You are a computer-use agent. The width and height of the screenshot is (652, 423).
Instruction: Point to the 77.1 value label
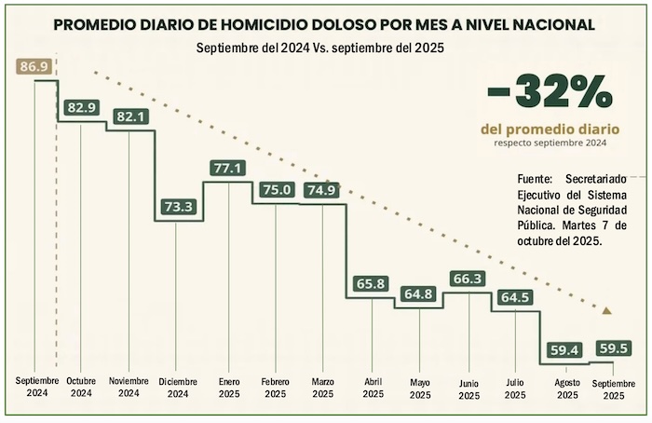pos(227,169)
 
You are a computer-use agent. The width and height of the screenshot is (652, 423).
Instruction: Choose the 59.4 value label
pos(565,350)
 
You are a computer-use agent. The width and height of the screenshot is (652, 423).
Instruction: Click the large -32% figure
pos(550,93)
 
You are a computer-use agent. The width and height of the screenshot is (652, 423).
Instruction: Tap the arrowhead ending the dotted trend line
pos(607,310)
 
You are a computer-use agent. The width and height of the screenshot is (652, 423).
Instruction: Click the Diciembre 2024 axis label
pos(177,387)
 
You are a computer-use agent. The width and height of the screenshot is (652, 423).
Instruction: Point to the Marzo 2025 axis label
pos(322,387)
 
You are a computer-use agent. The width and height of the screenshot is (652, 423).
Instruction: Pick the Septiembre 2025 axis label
pos(615,389)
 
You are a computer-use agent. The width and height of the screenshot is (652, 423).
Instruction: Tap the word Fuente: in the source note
pos(536,177)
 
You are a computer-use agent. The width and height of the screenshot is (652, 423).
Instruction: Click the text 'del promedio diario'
pos(550,128)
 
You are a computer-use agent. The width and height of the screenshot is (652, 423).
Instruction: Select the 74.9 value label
pos(321,189)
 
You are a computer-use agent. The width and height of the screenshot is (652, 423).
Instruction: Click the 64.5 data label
pos(515,297)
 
